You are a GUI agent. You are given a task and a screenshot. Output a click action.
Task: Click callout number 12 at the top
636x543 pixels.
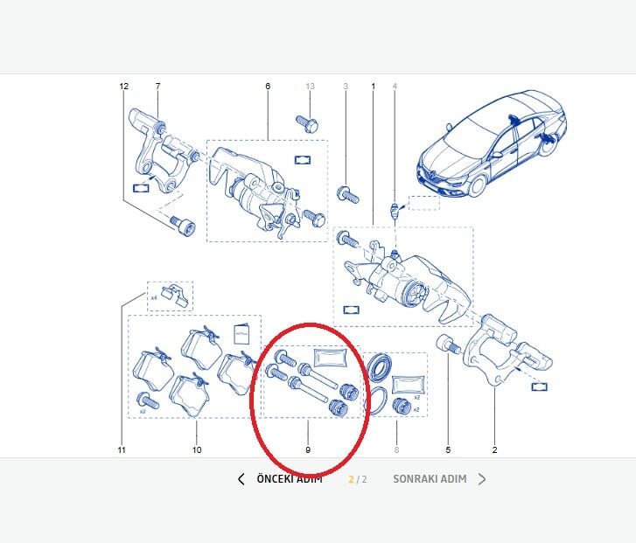coord(123,87)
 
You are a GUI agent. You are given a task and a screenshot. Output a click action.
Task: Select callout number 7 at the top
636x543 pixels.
coord(157,87)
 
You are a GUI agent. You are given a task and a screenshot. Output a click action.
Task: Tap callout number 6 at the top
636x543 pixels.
coord(268,87)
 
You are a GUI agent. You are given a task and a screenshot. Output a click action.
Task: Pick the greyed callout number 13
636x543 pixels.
coord(310,87)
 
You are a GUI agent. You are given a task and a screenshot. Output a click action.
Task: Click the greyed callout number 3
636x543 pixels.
coord(346,87)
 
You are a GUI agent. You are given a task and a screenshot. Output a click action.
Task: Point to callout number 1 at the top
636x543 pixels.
coord(374,87)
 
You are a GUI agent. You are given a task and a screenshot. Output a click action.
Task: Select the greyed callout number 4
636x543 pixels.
coord(395,87)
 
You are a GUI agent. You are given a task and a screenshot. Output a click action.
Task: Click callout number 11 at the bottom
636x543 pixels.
coord(122,450)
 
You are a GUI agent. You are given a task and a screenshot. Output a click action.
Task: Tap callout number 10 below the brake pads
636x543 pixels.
coord(197,450)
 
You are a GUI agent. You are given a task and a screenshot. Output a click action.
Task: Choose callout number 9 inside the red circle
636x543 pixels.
coord(308,450)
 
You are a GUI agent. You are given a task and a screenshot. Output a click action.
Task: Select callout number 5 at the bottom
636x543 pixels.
coord(448,450)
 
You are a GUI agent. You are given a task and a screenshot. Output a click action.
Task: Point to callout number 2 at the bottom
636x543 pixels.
coord(494,450)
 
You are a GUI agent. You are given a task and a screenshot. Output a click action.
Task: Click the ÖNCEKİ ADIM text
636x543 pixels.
coord(290,479)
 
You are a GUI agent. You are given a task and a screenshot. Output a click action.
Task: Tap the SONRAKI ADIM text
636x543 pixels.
coord(429,479)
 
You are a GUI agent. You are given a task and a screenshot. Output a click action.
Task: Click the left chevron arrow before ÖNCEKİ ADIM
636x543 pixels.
coord(241,479)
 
